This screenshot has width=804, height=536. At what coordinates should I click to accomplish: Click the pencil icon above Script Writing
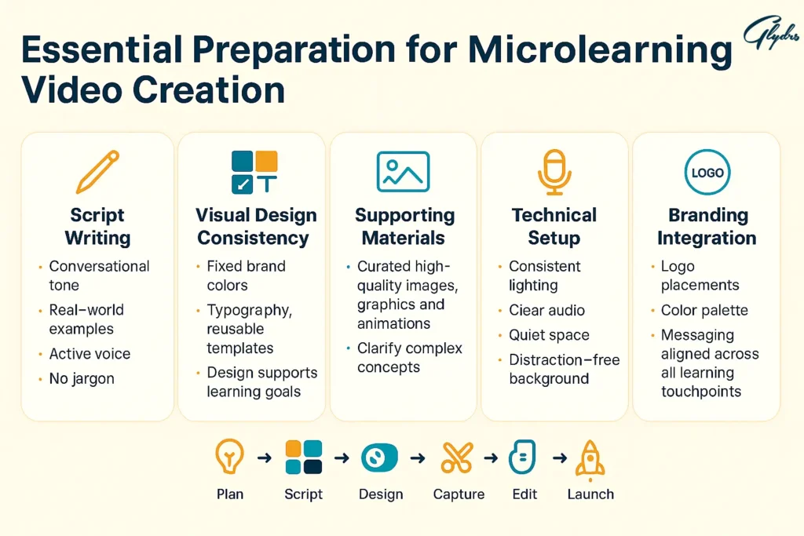(x=97, y=172)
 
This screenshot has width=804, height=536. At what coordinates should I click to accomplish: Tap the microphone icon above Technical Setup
(x=554, y=172)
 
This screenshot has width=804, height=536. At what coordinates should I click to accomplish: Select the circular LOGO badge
(x=707, y=172)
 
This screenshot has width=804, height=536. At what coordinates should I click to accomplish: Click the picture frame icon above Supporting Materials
(x=403, y=172)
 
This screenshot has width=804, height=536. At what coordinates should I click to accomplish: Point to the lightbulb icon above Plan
(x=229, y=456)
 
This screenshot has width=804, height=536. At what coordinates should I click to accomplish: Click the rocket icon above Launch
(x=590, y=459)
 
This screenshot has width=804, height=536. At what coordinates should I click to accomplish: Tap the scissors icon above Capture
(x=457, y=457)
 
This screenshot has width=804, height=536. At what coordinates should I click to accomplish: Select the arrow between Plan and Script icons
(x=265, y=457)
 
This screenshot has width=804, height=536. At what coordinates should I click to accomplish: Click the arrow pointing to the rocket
(x=560, y=457)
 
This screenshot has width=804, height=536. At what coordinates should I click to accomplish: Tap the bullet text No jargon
(x=82, y=379)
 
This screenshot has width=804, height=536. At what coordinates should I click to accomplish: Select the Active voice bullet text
(x=90, y=354)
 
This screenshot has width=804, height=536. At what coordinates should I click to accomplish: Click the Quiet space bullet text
(x=549, y=335)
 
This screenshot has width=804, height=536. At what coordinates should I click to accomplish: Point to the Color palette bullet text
(x=704, y=310)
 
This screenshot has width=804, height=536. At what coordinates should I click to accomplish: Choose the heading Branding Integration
(x=707, y=227)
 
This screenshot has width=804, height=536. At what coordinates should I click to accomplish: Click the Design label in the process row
(x=381, y=494)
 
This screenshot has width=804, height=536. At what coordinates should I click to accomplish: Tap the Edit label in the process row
(x=524, y=494)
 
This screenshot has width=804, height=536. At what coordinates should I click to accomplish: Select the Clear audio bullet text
(x=546, y=310)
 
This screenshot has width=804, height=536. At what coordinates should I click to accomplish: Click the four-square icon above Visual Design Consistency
(x=254, y=172)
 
